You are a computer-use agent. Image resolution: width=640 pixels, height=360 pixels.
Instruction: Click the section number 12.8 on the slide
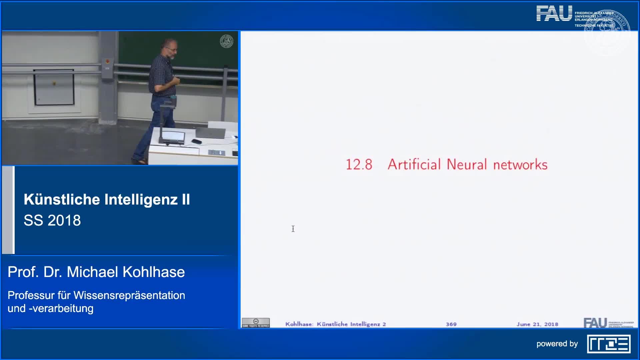[359, 165]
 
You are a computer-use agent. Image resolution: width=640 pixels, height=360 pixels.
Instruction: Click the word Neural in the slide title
[467, 165]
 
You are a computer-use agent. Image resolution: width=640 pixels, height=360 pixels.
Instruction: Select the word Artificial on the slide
[414, 165]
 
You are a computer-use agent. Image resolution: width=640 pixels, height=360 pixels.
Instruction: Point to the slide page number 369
[451, 324]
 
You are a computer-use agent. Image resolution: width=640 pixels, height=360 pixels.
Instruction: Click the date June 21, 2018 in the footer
[537, 324]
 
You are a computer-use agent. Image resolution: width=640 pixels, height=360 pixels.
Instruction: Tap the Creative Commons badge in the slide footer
[256, 323]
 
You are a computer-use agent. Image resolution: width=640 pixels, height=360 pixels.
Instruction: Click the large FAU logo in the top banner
[554, 14]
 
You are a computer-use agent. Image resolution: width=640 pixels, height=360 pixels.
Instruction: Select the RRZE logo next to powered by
[609, 344]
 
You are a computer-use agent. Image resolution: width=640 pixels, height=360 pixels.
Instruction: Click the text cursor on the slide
[293, 229]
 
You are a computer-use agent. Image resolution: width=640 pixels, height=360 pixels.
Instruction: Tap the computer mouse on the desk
[196, 141]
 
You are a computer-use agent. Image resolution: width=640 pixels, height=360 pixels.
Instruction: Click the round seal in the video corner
[226, 41]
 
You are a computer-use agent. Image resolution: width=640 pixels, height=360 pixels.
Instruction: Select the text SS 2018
[52, 220]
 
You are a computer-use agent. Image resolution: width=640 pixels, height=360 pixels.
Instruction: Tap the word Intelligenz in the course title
[141, 199]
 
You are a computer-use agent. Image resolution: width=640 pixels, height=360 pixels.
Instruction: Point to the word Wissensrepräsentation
[129, 295]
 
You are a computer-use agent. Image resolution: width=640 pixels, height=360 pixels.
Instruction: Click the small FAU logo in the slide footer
[595, 323]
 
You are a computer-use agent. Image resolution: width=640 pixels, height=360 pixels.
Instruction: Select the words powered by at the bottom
[557, 344]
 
